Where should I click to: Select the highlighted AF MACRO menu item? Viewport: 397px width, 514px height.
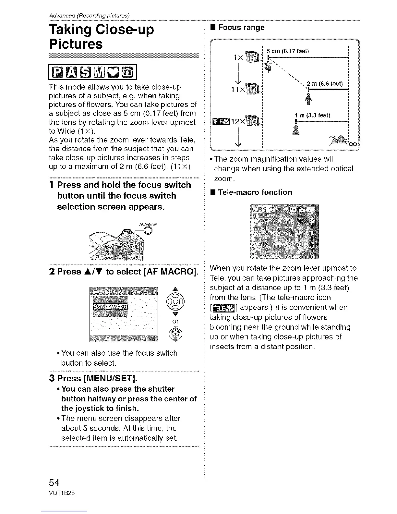coord(111,306)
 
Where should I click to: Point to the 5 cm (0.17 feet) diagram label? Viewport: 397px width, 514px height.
coord(288,51)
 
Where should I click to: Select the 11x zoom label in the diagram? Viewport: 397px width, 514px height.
coord(237,90)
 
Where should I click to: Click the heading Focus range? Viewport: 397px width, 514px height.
coord(241,27)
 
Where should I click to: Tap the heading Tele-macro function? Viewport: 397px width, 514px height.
coord(255,192)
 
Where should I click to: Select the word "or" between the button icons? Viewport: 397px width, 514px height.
coord(175,321)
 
